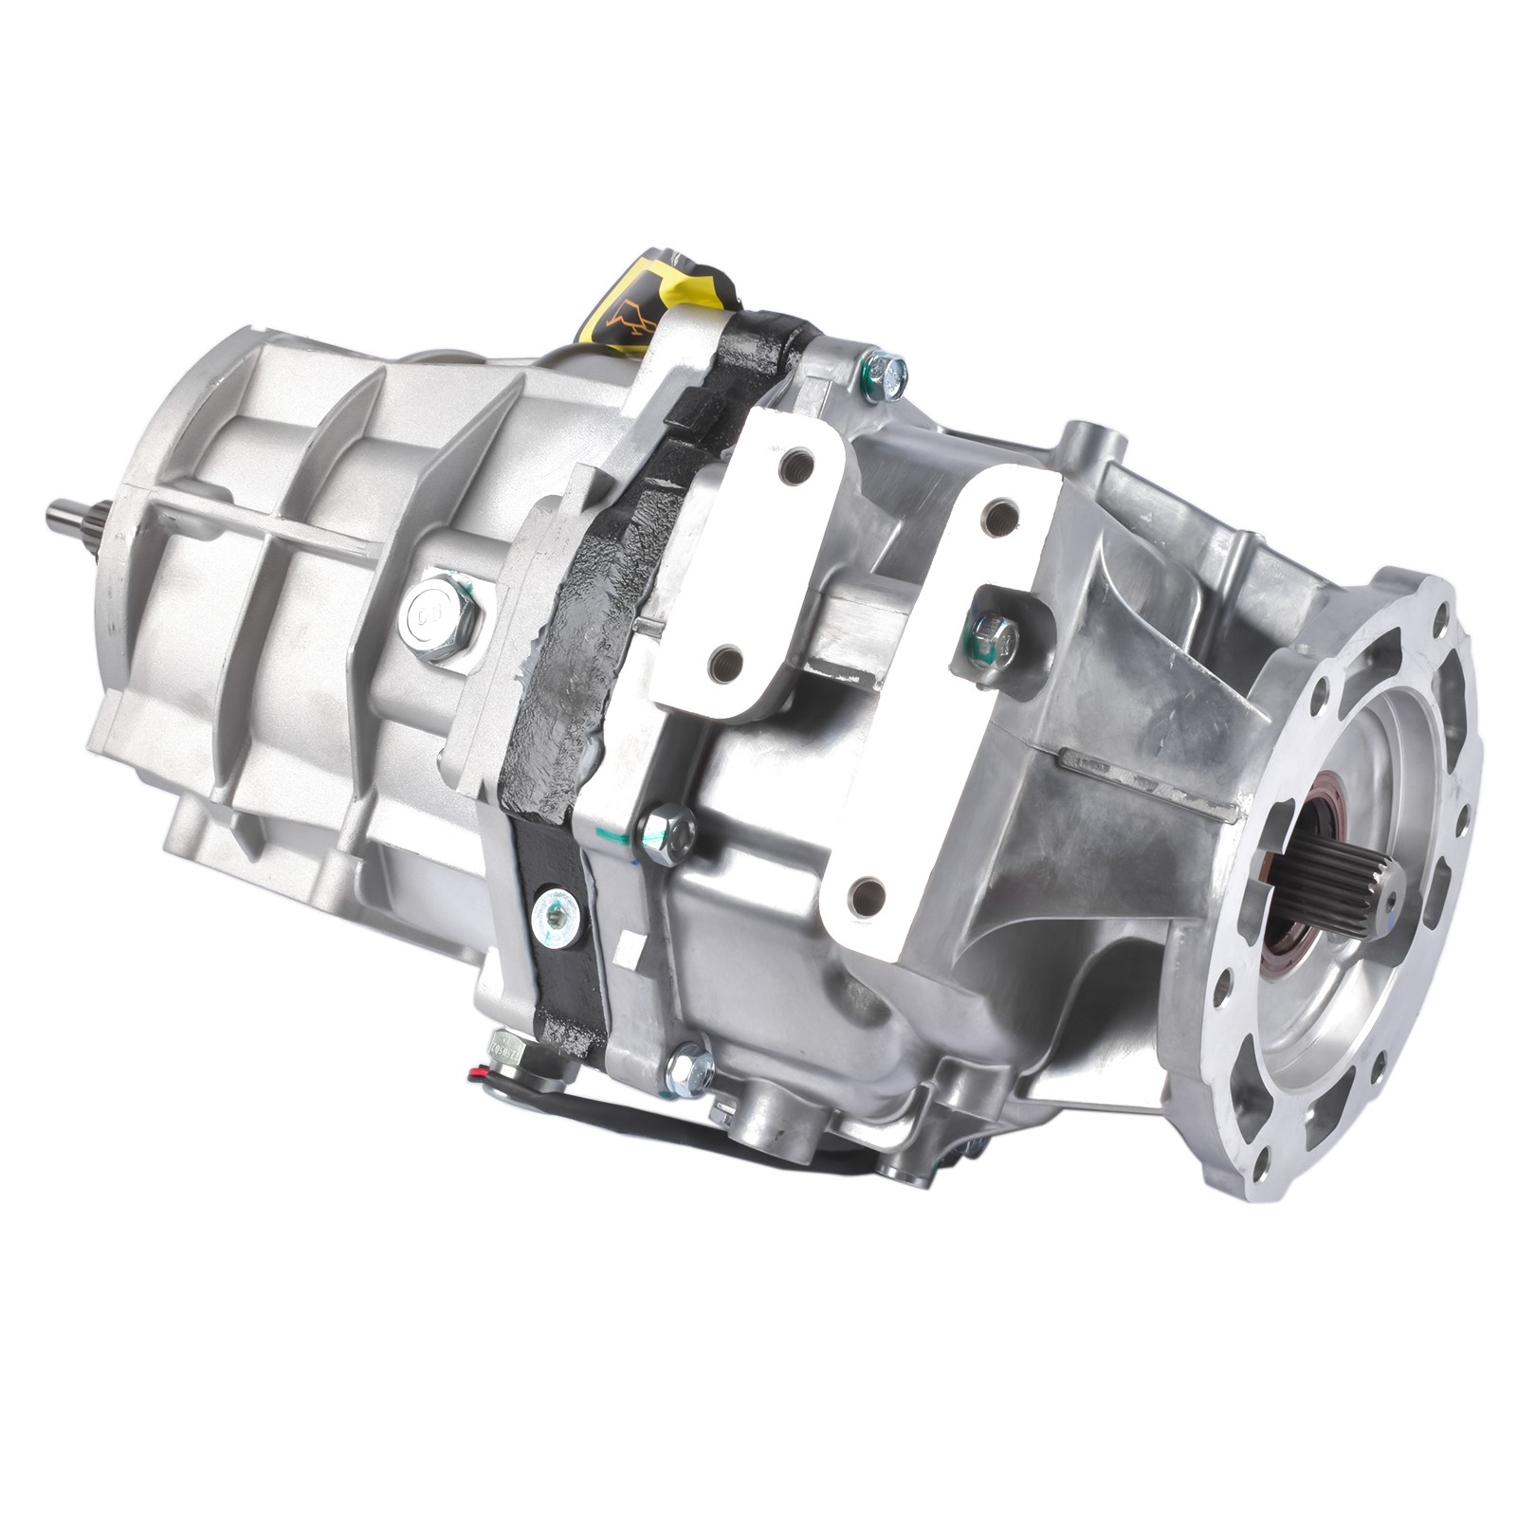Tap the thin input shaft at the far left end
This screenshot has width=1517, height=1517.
pyautogui.click(x=71, y=516)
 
